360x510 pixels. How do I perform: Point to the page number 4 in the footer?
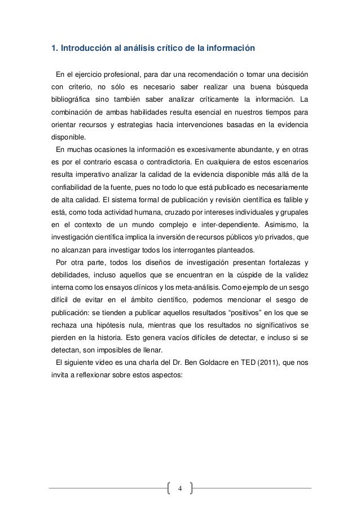[x=180, y=488]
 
